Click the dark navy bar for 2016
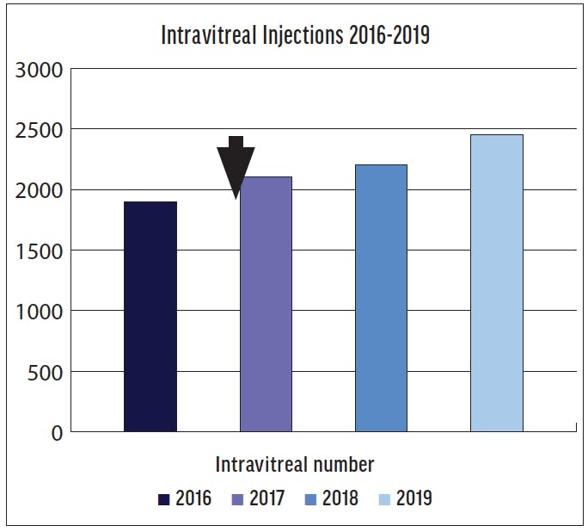coord(150,317)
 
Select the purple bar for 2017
coord(266,304)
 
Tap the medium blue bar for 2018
coord(381,298)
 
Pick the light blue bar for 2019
coord(496,283)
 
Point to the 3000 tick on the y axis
coord(40,70)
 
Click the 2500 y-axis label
coord(40,130)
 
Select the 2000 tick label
coord(40,190)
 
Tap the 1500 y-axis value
coord(40,251)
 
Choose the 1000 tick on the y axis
coord(40,312)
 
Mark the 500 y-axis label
coord(46,373)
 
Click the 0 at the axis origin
coord(58,433)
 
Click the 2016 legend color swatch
coord(163,499)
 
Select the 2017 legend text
coord(267,498)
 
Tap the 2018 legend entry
coord(332,498)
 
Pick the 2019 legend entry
coord(405,498)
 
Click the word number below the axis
coord(340,465)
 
